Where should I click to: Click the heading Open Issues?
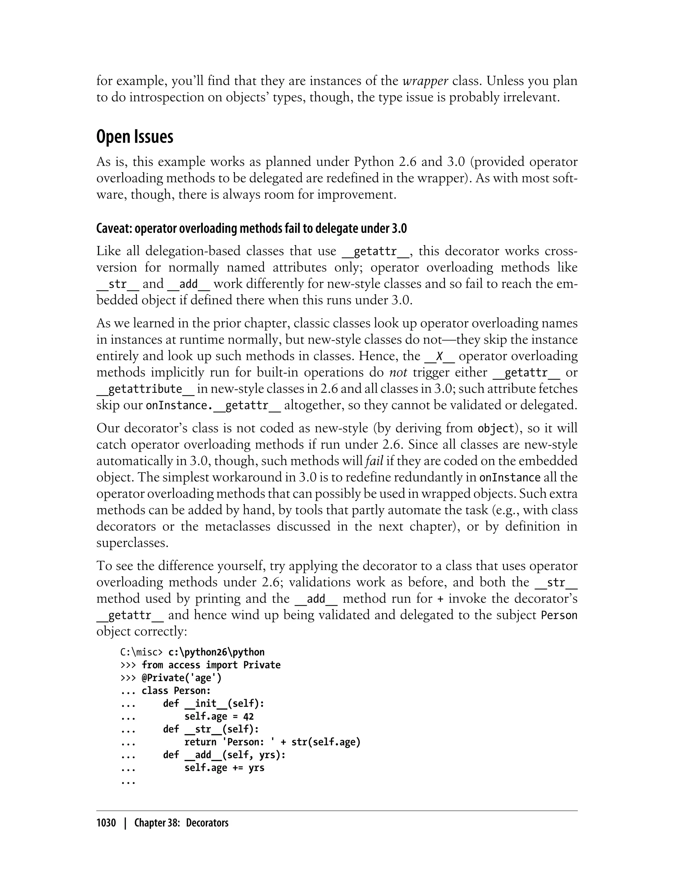[135, 137]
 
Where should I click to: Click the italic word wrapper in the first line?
[425, 81]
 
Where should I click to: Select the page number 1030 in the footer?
[106, 823]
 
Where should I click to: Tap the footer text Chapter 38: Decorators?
[181, 823]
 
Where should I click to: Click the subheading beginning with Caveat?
[251, 229]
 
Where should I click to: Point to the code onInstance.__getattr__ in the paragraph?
[213, 405]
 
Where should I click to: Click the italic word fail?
[374, 461]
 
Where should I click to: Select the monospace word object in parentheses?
[496, 428]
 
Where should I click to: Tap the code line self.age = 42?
[219, 716]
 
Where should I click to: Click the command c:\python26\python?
[217, 652]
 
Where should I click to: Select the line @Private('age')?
[181, 678]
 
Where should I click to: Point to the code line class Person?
[176, 691]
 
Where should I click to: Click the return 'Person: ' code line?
[272, 742]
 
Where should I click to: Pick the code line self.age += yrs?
[224, 768]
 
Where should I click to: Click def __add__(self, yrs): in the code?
[224, 755]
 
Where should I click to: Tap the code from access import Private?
[211, 665]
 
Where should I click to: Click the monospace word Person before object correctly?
[559, 615]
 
